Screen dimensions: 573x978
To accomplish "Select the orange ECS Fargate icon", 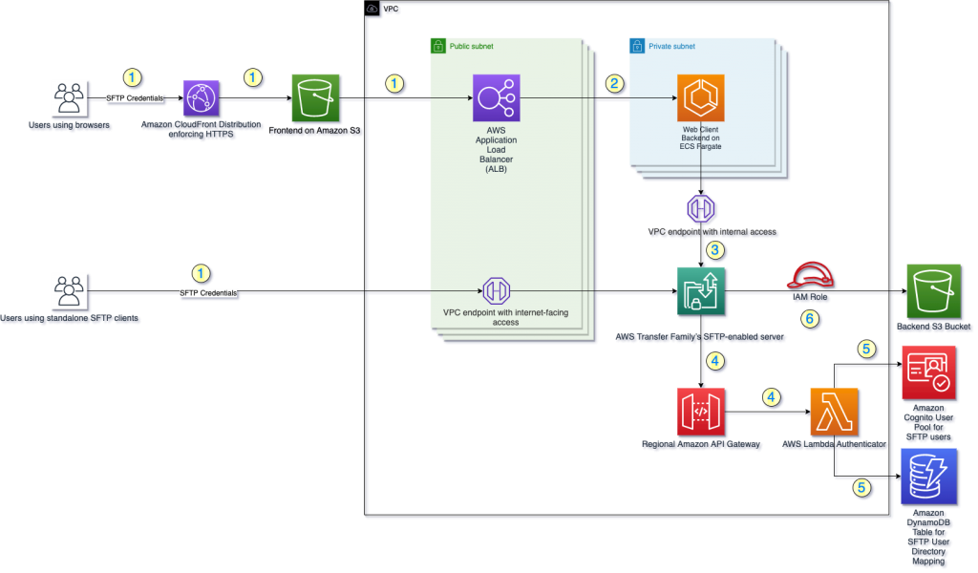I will pyautogui.click(x=702, y=98).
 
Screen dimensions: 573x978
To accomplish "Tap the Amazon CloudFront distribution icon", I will pyautogui.click(x=202, y=98).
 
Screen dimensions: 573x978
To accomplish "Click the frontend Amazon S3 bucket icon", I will pyautogui.click(x=316, y=98).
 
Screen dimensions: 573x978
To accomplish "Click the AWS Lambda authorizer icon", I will pyautogui.click(x=834, y=413).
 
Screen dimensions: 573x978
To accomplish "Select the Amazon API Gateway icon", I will pyautogui.click(x=701, y=413).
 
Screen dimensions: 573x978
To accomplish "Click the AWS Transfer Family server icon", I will pyautogui.click(x=701, y=291).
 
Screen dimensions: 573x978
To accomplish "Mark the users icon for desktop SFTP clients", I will pyautogui.click(x=70, y=291).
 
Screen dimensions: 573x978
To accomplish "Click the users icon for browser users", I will pyautogui.click(x=70, y=98).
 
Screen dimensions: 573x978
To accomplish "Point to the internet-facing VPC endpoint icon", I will pyautogui.click(x=494, y=290).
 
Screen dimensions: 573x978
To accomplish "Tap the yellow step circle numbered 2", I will pyautogui.click(x=615, y=83).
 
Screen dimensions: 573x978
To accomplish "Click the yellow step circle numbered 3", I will pyautogui.click(x=713, y=251).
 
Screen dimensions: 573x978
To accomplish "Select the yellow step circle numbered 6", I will pyautogui.click(x=810, y=319).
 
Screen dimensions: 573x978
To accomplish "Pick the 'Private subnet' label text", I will pyautogui.click(x=673, y=45).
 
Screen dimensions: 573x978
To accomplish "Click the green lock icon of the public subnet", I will pyautogui.click(x=437, y=45).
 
